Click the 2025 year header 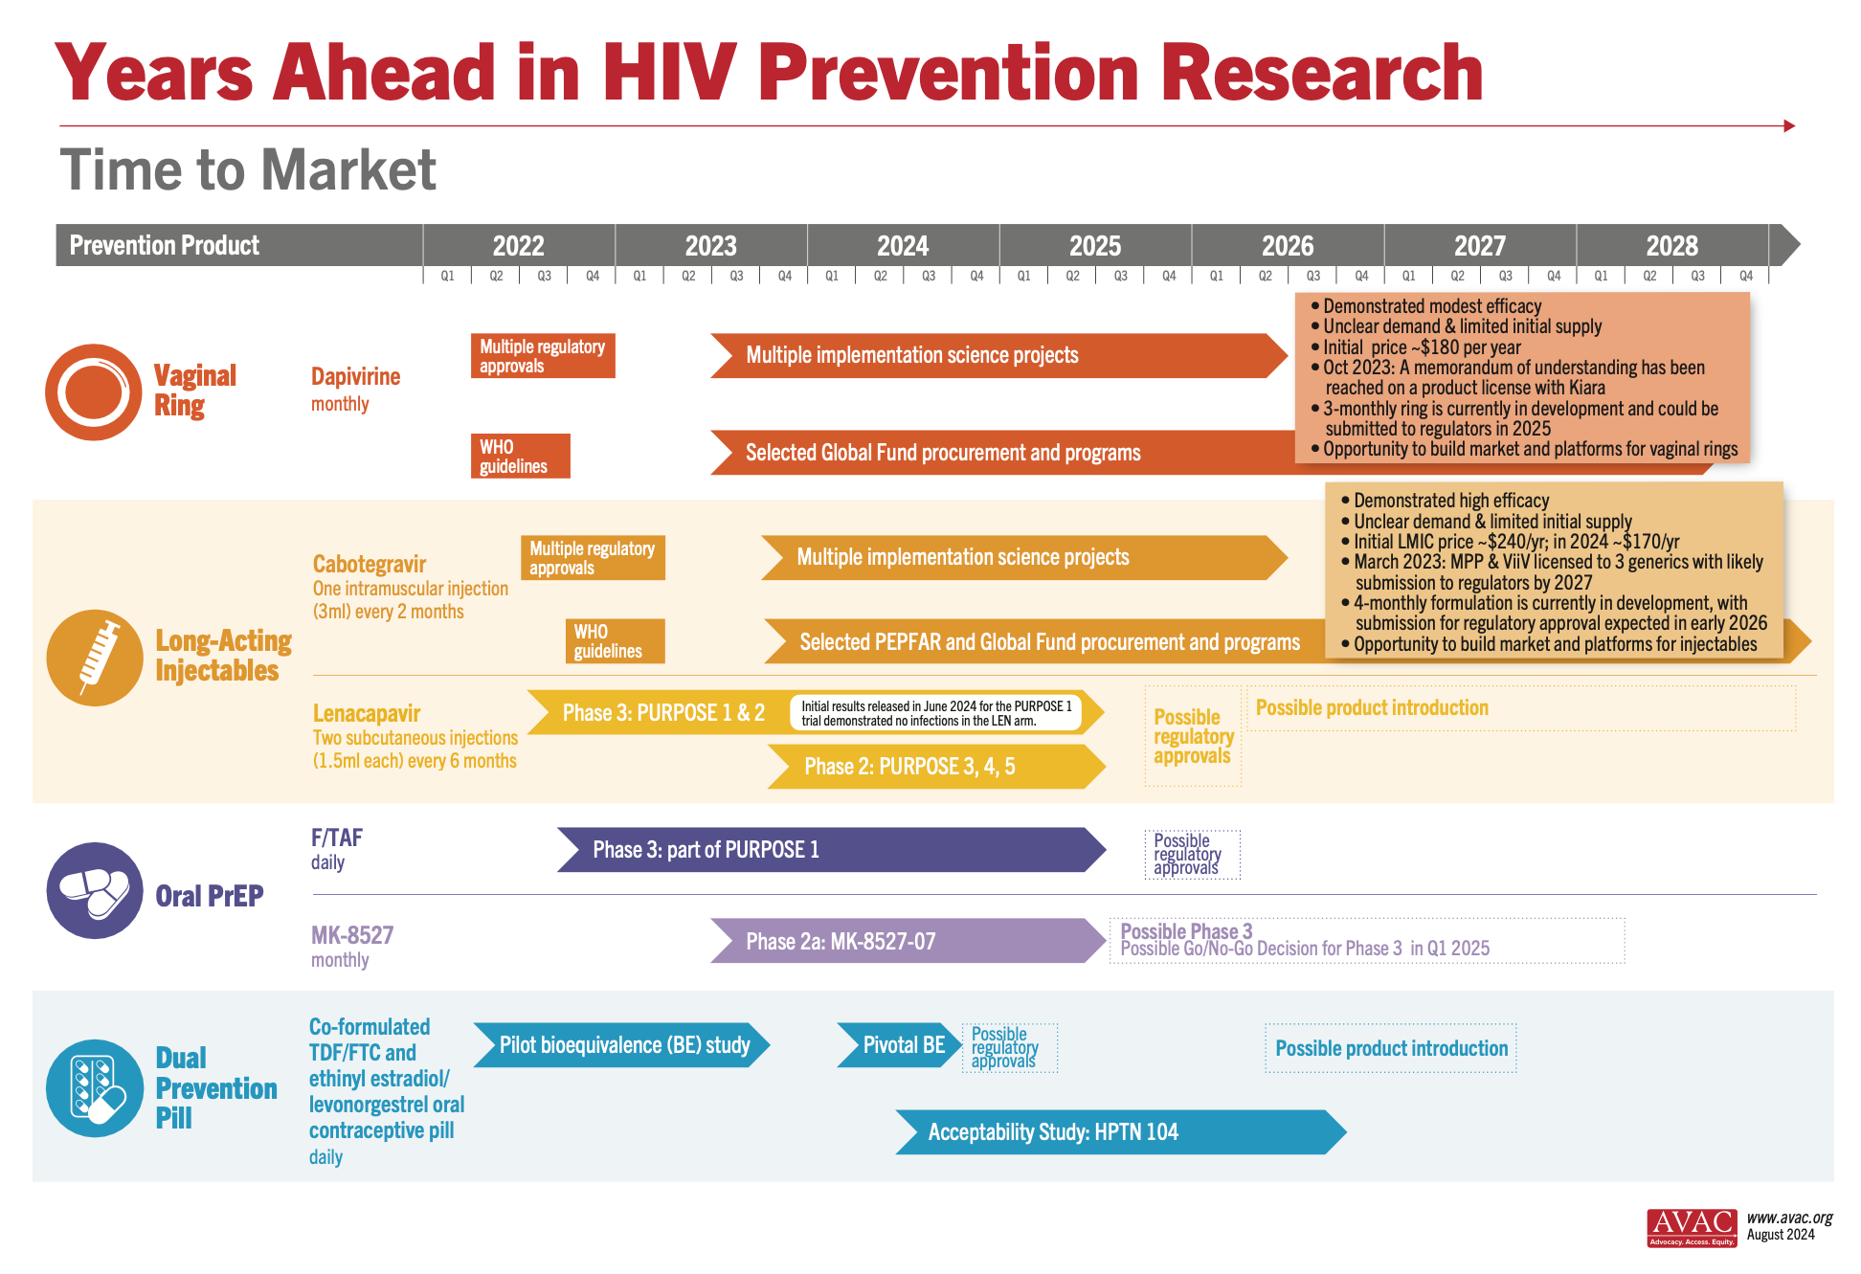1094,246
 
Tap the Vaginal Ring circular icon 93,392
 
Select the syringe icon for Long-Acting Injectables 95,658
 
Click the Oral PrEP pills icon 95,890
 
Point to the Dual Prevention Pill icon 95,1088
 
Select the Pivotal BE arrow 898,1045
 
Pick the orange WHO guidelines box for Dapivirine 520,457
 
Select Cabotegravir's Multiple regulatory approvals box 592,558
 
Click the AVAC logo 1691,1227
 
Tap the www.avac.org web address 1788,1218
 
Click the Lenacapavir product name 367,713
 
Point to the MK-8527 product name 352,935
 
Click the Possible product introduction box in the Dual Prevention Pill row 1390,1048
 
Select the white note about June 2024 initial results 935,713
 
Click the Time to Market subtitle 248,170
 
